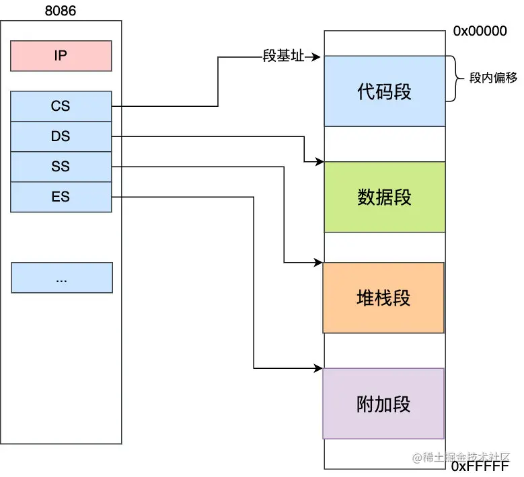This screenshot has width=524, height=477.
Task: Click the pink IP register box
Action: pyautogui.click(x=61, y=56)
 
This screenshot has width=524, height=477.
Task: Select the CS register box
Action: pyautogui.click(x=61, y=106)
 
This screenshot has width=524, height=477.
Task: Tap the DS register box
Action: pyautogui.click(x=61, y=136)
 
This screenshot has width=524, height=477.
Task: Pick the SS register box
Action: pyautogui.click(x=61, y=167)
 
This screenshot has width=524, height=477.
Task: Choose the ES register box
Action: pyautogui.click(x=61, y=197)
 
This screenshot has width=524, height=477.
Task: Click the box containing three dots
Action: pyautogui.click(x=62, y=277)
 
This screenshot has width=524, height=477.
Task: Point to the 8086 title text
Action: pyautogui.click(x=61, y=11)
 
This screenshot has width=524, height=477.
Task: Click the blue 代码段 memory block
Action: pyautogui.click(x=385, y=91)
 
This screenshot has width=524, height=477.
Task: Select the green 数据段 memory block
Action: pyautogui.click(x=385, y=197)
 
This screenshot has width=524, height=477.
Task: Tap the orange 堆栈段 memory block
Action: pyautogui.click(x=383, y=298)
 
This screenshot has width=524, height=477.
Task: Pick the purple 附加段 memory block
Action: pyautogui.click(x=383, y=404)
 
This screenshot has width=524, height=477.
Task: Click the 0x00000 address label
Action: pyautogui.click(x=480, y=31)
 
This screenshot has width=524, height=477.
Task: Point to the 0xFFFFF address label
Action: pyautogui.click(x=480, y=466)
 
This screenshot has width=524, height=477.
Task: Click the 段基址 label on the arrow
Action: pyautogui.click(x=283, y=56)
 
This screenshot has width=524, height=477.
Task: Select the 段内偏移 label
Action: pyautogui.click(x=493, y=78)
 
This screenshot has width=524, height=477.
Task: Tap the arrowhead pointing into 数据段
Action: pyautogui.click(x=320, y=162)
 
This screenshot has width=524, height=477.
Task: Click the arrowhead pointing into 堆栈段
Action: pyautogui.click(x=318, y=263)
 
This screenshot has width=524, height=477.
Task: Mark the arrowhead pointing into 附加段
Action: pyautogui.click(x=318, y=369)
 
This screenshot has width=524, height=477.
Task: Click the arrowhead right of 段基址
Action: pyautogui.click(x=315, y=57)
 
